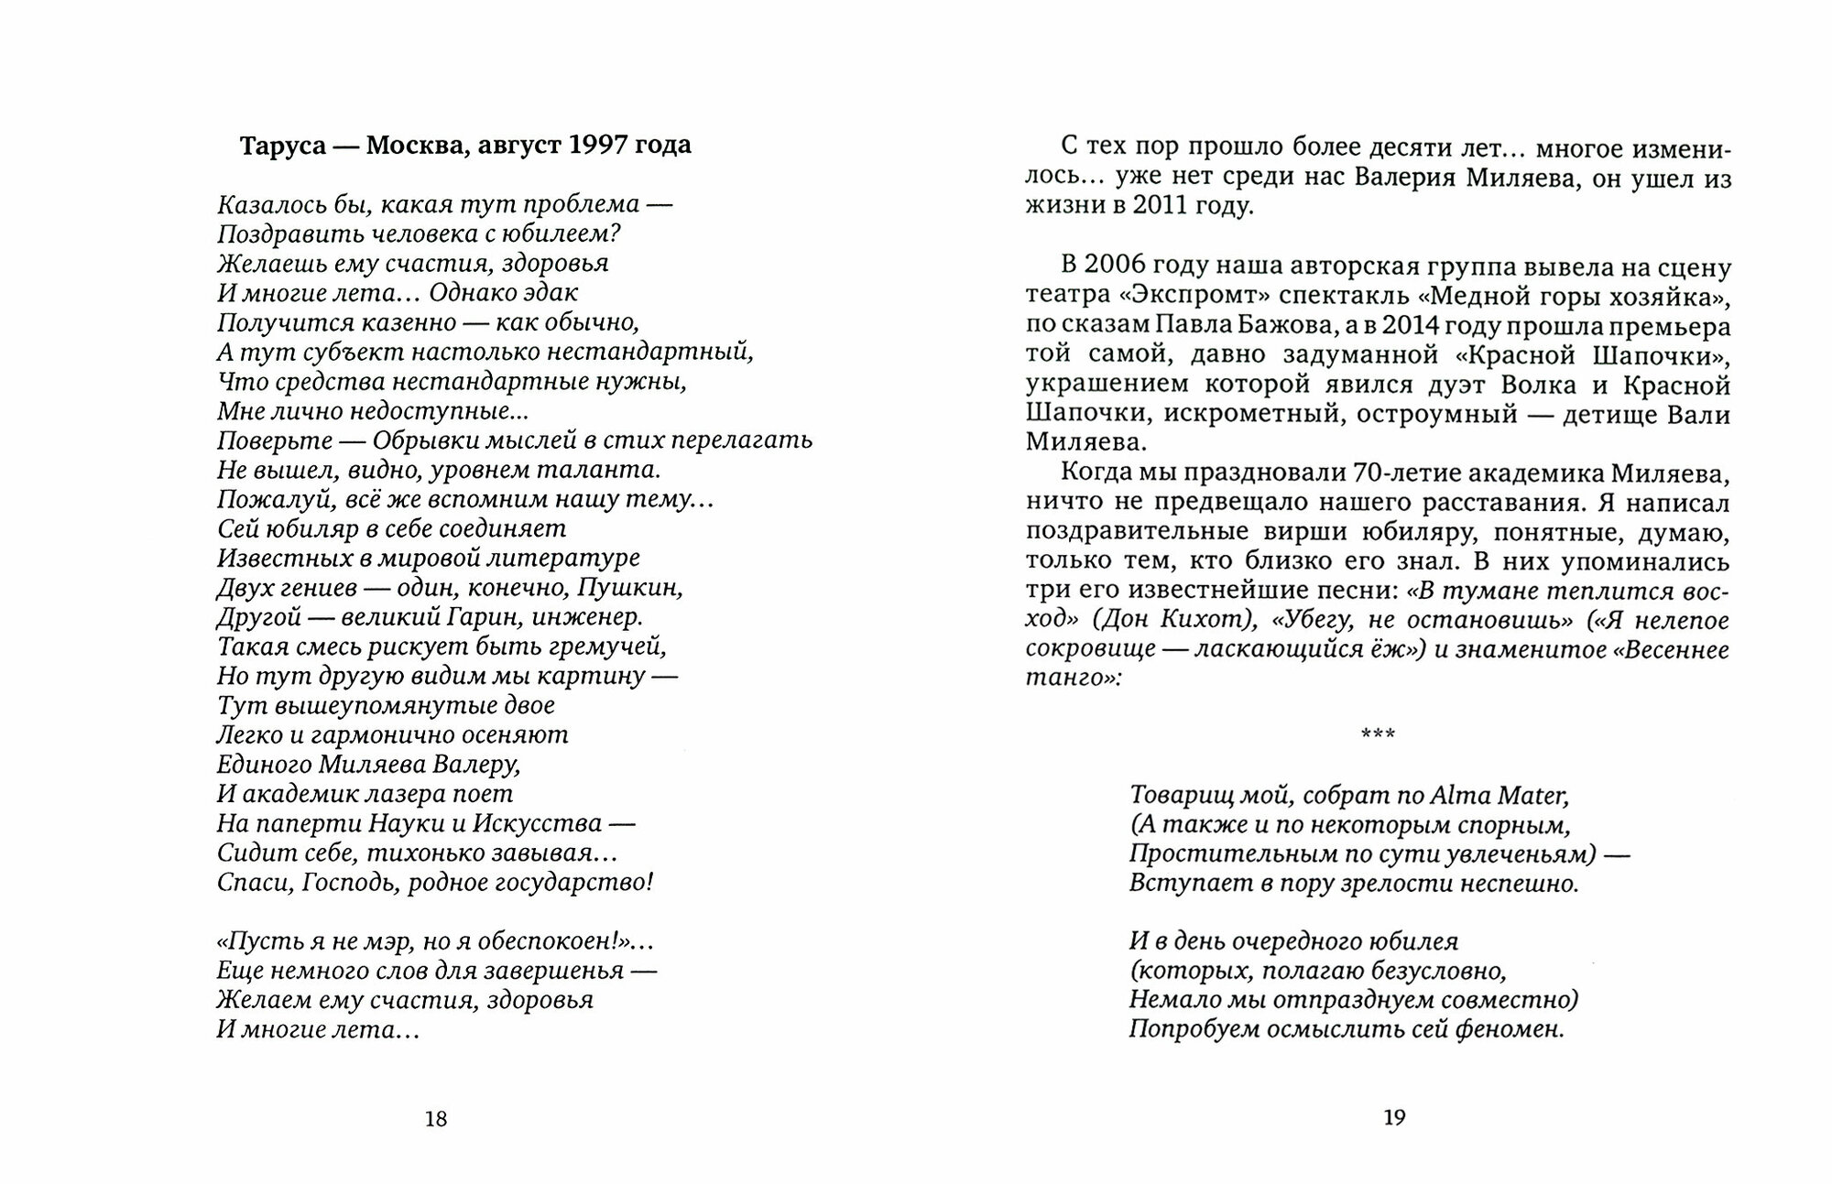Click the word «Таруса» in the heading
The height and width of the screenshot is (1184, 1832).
(x=283, y=146)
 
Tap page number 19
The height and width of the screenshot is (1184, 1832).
(x=1394, y=1117)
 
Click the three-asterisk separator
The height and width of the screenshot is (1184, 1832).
(x=1379, y=734)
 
